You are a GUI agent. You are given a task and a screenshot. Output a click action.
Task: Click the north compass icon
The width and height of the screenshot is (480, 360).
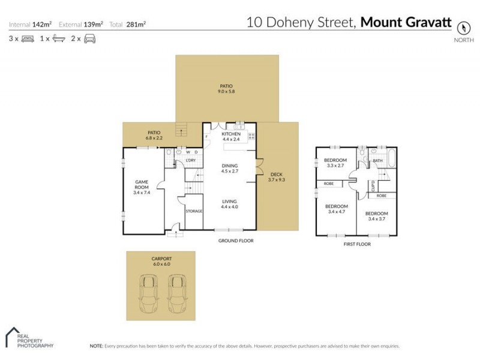[463, 28]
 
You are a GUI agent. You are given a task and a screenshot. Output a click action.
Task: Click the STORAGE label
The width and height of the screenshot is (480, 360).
[193, 211]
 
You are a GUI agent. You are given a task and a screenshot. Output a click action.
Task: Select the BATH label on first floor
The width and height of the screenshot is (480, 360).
[377, 160]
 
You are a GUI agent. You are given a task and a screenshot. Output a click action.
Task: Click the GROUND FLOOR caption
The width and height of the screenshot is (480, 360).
[236, 241]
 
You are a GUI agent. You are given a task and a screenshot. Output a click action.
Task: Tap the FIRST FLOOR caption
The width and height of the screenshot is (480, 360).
[356, 244]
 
